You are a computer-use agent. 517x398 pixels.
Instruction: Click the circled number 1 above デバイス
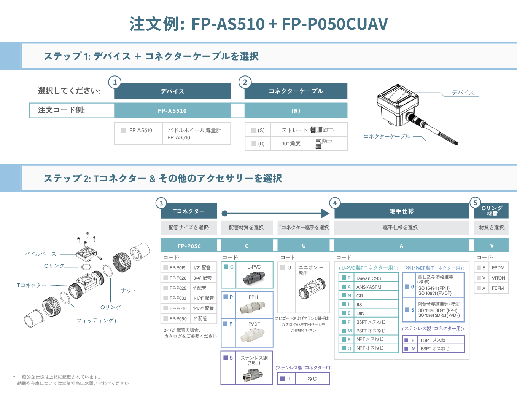115,82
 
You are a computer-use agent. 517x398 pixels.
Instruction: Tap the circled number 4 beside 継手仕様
335,203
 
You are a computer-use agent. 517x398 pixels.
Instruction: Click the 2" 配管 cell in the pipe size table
204,318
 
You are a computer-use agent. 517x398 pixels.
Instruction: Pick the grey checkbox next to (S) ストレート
254,130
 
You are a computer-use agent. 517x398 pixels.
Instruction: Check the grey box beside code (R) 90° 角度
254,143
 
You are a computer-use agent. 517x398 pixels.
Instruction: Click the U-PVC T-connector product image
254,278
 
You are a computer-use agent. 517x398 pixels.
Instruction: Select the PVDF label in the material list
254,324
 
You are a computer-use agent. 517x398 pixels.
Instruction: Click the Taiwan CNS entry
369,278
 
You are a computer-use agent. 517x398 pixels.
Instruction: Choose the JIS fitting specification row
369,304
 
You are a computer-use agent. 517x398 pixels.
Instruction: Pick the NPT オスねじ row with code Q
369,348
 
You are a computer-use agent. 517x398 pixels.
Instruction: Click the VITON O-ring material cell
498,278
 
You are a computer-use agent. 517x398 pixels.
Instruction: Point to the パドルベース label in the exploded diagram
40,254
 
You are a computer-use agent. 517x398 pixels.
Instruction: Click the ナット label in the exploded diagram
129,290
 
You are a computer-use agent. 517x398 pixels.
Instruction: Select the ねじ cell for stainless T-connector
312,379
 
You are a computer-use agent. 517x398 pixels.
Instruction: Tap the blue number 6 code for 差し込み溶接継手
412,286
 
